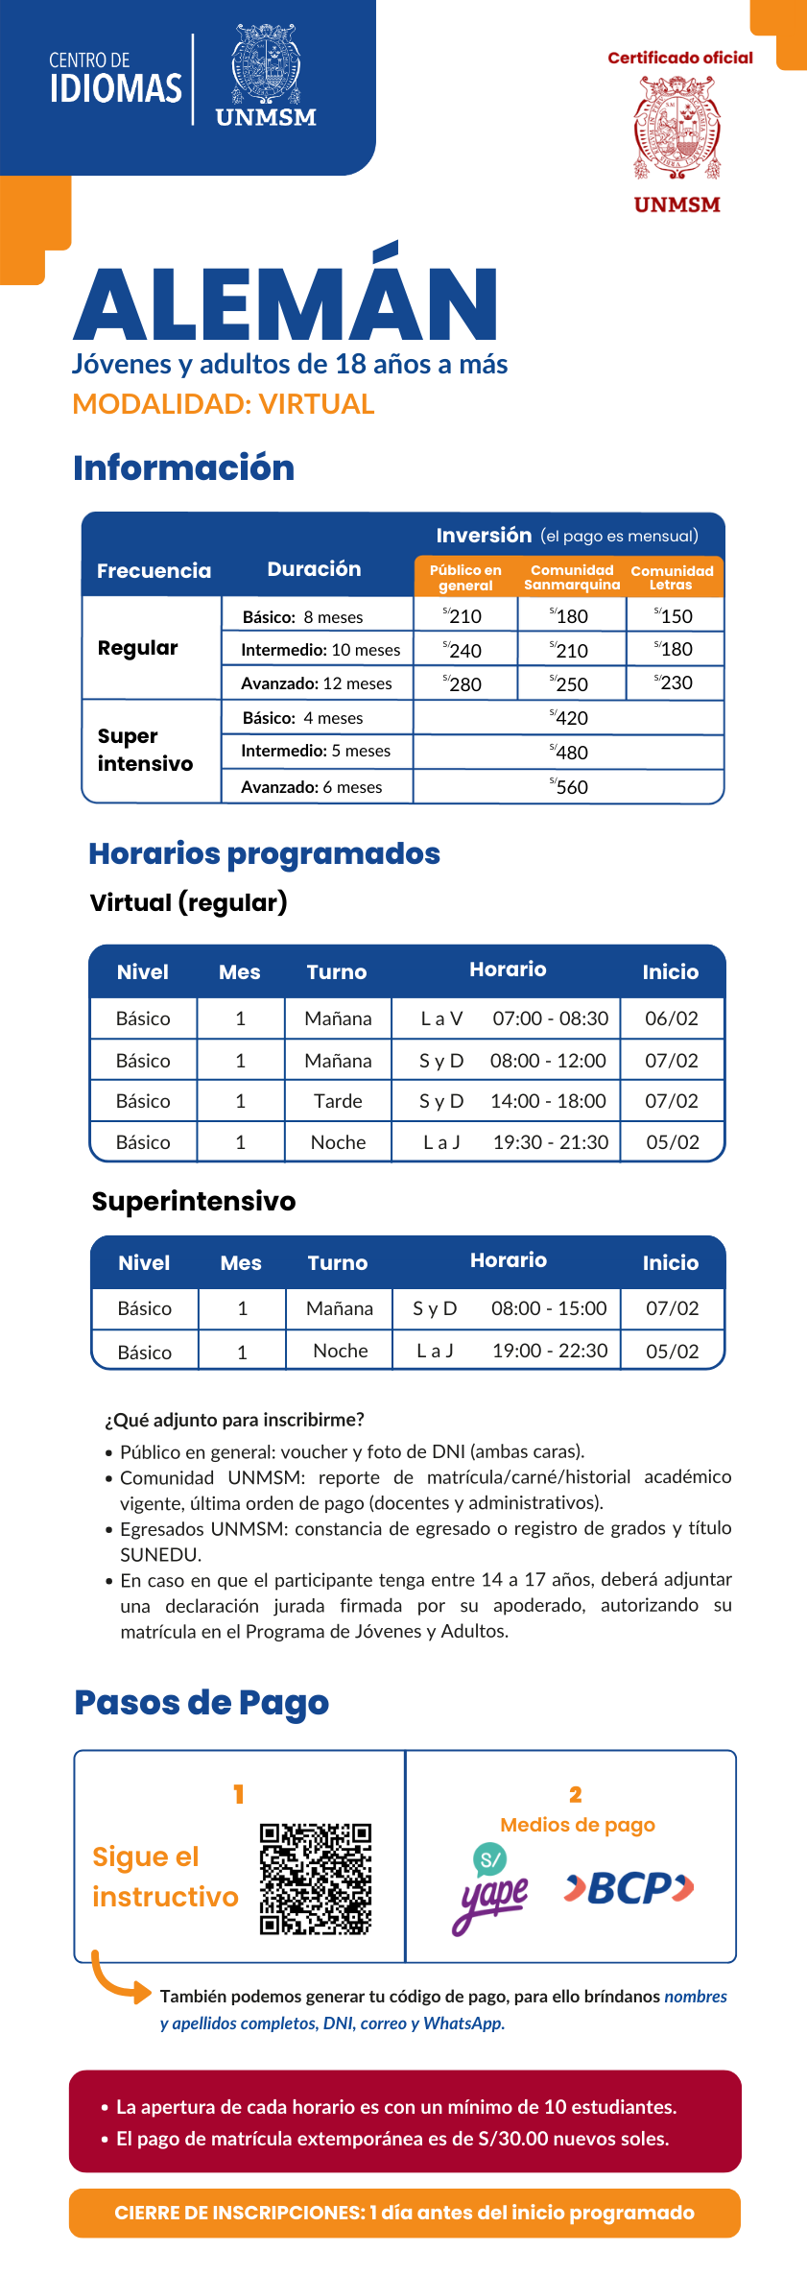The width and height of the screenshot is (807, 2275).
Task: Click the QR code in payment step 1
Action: (315, 1879)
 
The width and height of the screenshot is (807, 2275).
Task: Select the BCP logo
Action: (629, 1888)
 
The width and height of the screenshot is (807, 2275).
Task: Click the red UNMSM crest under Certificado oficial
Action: (676, 129)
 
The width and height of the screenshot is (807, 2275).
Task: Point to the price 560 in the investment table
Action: (570, 787)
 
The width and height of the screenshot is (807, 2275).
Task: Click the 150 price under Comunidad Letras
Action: (675, 616)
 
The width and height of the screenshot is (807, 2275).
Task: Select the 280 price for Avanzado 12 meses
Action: (463, 684)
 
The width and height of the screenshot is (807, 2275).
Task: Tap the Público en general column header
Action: (465, 578)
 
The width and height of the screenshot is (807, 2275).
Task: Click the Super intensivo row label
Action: (145, 750)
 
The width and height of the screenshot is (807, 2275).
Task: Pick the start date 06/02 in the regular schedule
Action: (672, 1018)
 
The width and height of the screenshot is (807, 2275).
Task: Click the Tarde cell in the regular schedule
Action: (338, 1101)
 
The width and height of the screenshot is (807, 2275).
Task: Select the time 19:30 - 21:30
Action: (551, 1142)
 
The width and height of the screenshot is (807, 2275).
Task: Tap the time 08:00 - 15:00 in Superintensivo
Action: (549, 1308)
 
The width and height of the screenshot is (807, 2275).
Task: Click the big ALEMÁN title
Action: (286, 302)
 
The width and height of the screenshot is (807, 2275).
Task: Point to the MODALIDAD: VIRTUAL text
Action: (224, 404)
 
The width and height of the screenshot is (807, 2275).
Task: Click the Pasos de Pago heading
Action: (202, 1703)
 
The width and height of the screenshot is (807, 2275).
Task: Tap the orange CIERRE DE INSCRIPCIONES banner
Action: (404, 2213)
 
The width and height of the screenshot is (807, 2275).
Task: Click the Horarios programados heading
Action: (264, 853)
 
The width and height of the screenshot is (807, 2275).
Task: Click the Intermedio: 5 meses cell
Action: (316, 751)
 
